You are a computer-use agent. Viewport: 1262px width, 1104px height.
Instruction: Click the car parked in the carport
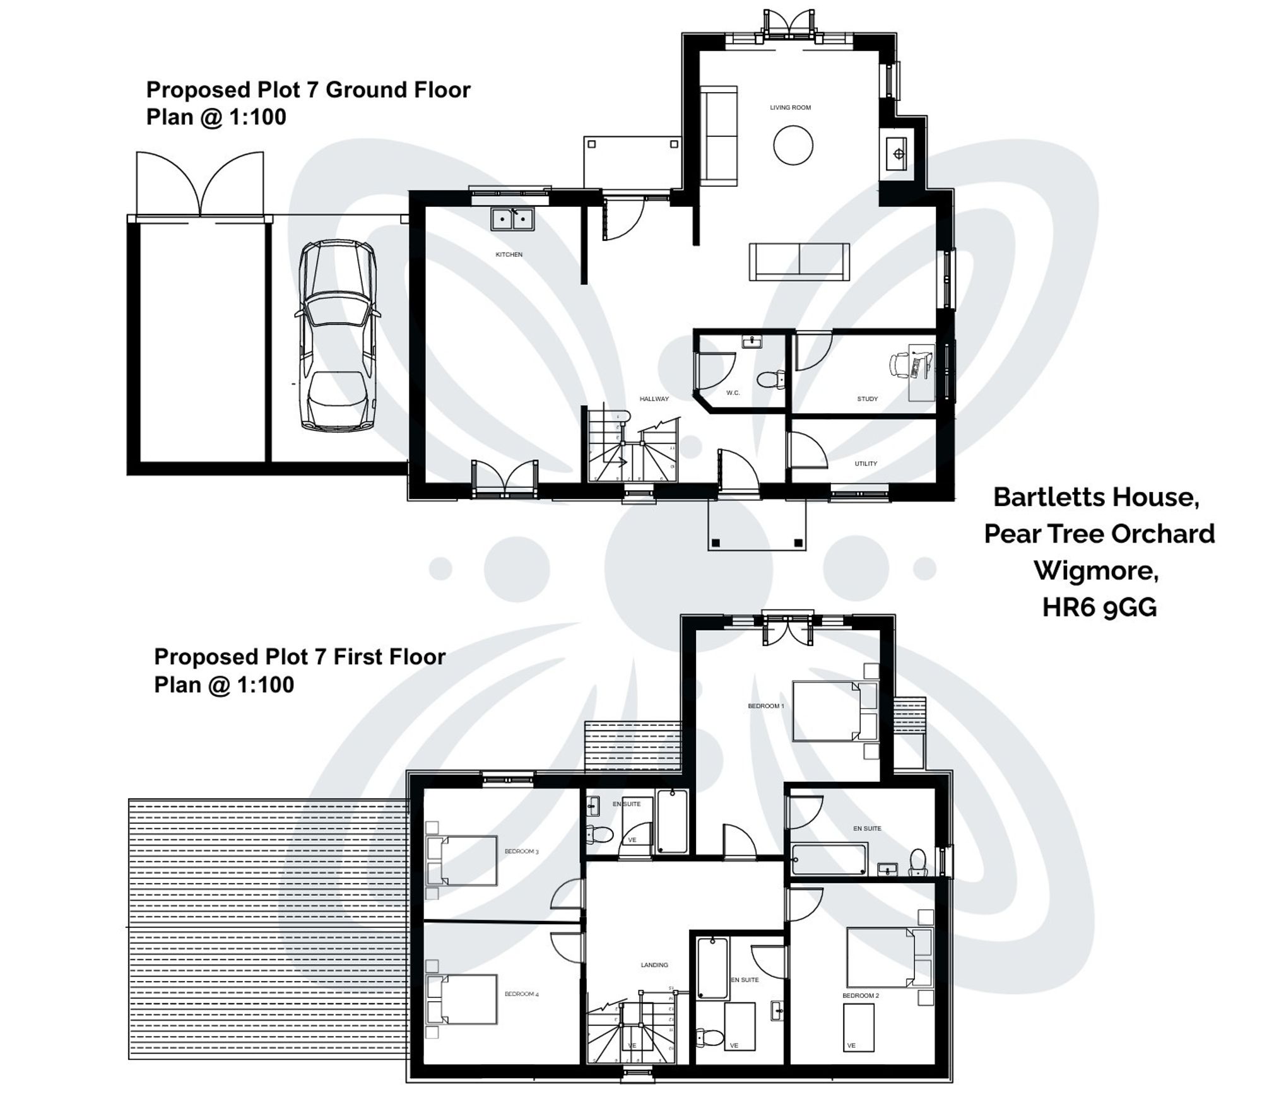338,334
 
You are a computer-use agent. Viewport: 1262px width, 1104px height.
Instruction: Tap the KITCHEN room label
509,255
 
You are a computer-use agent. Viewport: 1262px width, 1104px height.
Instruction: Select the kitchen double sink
512,220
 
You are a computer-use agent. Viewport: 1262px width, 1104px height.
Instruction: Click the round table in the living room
793,145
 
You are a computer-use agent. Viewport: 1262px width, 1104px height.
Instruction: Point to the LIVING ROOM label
790,108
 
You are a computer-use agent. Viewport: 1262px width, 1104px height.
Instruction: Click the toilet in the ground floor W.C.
770,380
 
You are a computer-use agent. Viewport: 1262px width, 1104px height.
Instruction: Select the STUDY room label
867,399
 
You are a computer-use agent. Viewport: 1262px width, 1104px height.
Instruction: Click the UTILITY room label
866,464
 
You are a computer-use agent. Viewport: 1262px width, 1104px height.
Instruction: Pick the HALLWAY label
654,399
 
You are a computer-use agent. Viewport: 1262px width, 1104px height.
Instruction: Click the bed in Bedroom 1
827,711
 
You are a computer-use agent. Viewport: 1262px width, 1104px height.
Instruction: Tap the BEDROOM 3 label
521,852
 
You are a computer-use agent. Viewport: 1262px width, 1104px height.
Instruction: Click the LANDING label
654,965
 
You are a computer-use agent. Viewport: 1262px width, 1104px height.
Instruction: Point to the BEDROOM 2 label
860,995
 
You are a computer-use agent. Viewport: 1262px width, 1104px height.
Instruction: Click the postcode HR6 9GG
1099,608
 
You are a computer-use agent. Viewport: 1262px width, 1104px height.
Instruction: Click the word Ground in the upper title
366,90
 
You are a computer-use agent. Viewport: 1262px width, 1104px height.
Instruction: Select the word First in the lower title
358,657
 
